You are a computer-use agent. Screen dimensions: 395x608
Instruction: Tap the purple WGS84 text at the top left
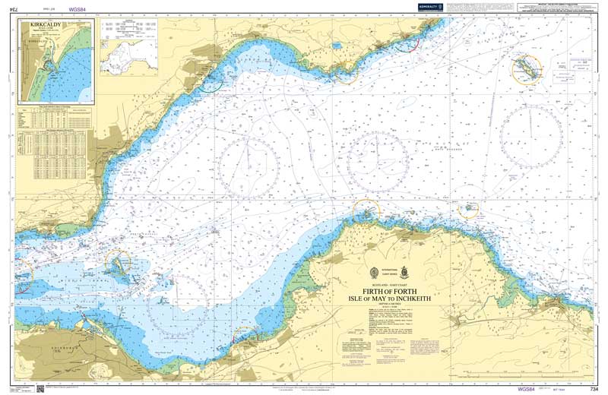[77, 10]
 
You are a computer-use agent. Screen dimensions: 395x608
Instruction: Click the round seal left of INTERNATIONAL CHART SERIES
[373, 272]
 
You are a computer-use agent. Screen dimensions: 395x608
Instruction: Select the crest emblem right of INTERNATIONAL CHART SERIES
[404, 271]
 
